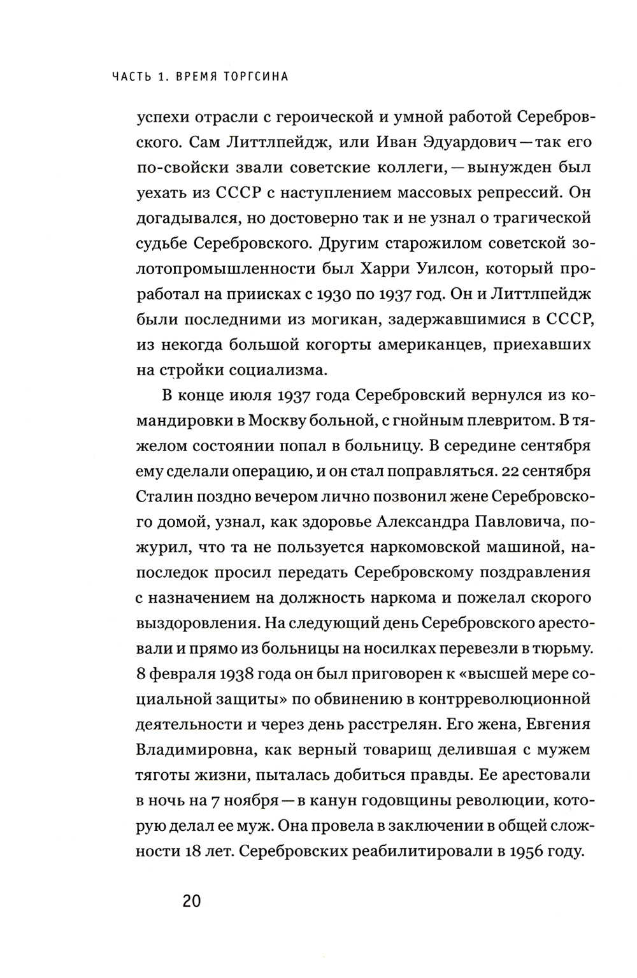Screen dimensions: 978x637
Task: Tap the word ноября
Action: point(251,800)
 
